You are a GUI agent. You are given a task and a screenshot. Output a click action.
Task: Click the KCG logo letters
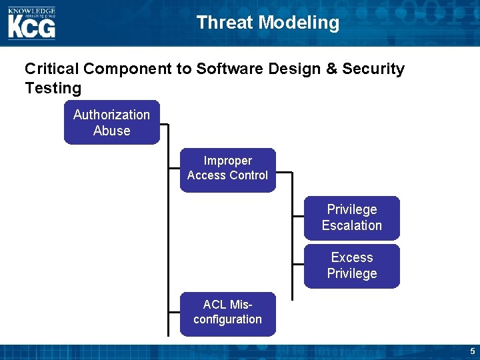(x=31, y=27)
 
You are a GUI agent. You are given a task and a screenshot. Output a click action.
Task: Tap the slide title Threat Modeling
(x=267, y=23)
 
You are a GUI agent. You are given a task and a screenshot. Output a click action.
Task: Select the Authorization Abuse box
(x=112, y=123)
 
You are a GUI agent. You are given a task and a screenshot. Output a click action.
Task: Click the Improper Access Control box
(x=227, y=169)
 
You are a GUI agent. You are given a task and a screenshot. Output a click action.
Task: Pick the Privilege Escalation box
(x=351, y=217)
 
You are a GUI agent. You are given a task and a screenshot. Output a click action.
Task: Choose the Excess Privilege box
(x=351, y=265)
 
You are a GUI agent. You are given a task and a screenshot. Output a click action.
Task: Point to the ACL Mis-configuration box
(x=227, y=313)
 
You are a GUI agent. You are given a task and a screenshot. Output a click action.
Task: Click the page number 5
(x=472, y=351)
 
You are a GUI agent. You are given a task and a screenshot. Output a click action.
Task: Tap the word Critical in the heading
(x=52, y=69)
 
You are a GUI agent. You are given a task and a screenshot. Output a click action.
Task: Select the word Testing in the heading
(x=53, y=88)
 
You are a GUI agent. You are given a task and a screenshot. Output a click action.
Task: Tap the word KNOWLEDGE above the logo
(x=31, y=11)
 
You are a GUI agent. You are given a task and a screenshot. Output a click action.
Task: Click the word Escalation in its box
(x=351, y=225)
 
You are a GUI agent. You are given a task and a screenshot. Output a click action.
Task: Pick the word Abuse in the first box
(x=112, y=131)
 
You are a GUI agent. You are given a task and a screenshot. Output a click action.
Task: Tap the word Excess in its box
(x=351, y=257)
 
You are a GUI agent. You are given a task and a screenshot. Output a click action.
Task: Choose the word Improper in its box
(x=227, y=161)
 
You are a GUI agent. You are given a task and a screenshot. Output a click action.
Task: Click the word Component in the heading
(x=138, y=69)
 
